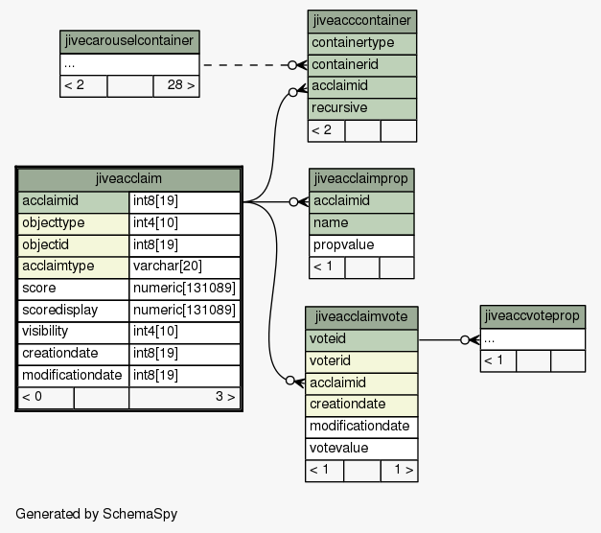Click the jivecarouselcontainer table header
pyautogui.click(x=129, y=41)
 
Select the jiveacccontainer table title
pyautogui.click(x=361, y=21)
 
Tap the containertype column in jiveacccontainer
pyautogui.click(x=361, y=43)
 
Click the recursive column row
pyautogui.click(x=361, y=108)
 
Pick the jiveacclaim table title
pyautogui.click(x=128, y=179)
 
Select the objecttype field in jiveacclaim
pyautogui.click(x=73, y=223)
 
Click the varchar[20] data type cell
pyautogui.click(x=185, y=266)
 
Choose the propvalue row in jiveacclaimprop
pyautogui.click(x=361, y=245)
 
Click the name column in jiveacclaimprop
pyautogui.click(x=361, y=223)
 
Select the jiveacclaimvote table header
pyautogui.click(x=361, y=317)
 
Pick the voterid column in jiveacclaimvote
pyautogui.click(x=361, y=361)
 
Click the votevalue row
pyautogui.click(x=361, y=449)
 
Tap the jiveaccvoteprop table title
pyautogui.click(x=532, y=316)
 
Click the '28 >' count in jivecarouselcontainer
pyautogui.click(x=180, y=85)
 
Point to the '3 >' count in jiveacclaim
pyautogui.click(x=225, y=397)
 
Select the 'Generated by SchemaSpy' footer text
pyautogui.click(x=96, y=514)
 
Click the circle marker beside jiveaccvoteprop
pyautogui.click(x=465, y=339)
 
